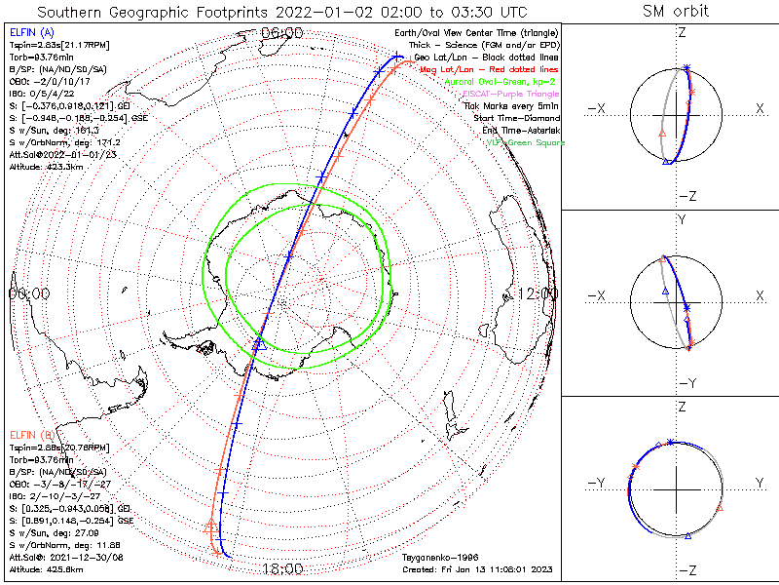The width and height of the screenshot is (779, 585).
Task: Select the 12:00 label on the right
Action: pyautogui.click(x=538, y=293)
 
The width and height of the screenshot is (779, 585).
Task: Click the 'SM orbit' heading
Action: pyautogui.click(x=676, y=11)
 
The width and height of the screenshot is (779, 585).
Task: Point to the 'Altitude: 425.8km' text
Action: pyautogui.click(x=46, y=568)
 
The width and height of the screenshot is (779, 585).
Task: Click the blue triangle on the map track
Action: pyautogui.click(x=259, y=341)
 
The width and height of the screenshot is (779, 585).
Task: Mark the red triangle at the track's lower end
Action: pyautogui.click(x=212, y=526)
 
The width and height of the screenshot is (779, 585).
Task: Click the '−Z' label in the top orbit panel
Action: pyautogui.click(x=686, y=196)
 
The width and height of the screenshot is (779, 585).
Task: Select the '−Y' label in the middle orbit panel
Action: pyautogui.click(x=686, y=382)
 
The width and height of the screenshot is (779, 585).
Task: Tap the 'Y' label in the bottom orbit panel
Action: pyautogui.click(x=757, y=483)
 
